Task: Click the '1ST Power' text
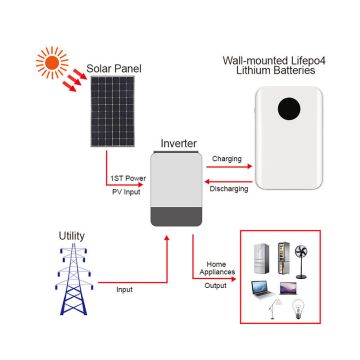pos(125,181)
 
